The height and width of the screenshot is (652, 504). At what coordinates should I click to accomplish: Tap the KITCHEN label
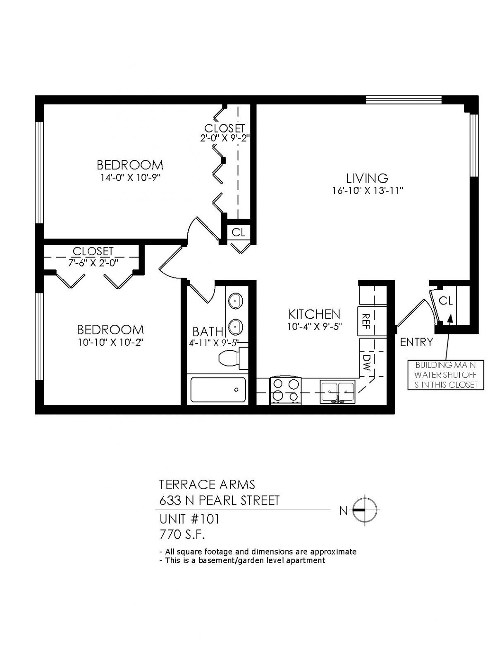pyautogui.click(x=314, y=314)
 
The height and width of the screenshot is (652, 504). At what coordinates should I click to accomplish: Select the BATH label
pyautogui.click(x=208, y=331)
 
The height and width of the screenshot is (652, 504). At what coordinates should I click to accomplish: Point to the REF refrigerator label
pyautogui.click(x=365, y=321)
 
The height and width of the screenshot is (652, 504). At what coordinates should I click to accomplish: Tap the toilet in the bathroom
pyautogui.click(x=233, y=358)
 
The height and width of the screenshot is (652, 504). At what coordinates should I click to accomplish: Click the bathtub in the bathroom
pyautogui.click(x=218, y=390)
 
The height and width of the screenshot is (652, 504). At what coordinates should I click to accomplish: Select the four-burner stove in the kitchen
pyautogui.click(x=286, y=391)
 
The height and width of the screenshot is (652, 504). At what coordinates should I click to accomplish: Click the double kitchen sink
pyautogui.click(x=337, y=391)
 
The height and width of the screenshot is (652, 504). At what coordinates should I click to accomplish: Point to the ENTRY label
pyautogui.click(x=416, y=342)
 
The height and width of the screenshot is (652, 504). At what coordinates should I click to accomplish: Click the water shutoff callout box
pyautogui.click(x=445, y=375)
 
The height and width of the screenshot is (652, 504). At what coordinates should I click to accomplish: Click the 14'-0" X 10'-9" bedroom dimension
pyautogui.click(x=130, y=178)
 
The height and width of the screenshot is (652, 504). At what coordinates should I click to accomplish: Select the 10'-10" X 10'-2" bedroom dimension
pyautogui.click(x=110, y=343)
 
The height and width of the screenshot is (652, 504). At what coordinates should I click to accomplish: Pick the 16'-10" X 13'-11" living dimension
pyautogui.click(x=367, y=190)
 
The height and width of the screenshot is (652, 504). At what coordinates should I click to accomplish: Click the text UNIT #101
pyautogui.click(x=189, y=519)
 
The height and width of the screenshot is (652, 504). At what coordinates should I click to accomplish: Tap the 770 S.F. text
pyautogui.click(x=182, y=535)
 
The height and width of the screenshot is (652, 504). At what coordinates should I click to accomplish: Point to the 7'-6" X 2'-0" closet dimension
pyautogui.click(x=93, y=263)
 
